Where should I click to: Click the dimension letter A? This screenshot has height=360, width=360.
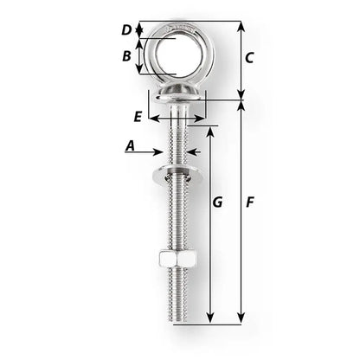(131, 146)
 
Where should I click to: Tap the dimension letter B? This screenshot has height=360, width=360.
(126, 57)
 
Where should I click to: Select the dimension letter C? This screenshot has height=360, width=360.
(248, 59)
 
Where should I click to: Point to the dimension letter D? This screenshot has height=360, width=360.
(126, 30)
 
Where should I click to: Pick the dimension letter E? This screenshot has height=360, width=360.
(137, 115)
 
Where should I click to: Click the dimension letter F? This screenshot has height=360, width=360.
(249, 202)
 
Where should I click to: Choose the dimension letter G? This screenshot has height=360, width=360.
(217, 202)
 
